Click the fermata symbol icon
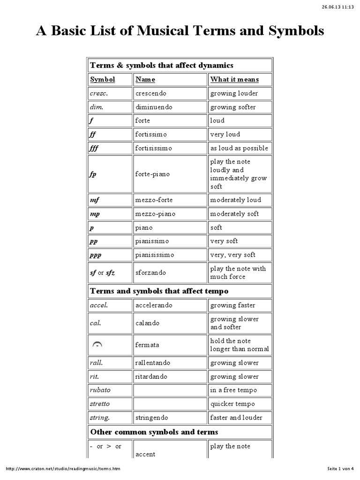pyautogui.click(x=97, y=345)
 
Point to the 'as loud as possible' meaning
pyautogui.click(x=239, y=148)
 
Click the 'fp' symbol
pyautogui.click(x=93, y=174)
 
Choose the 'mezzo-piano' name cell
pyautogui.click(x=155, y=214)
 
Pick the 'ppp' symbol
pyautogui.click(x=96, y=255)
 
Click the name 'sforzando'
pyautogui.click(x=150, y=272)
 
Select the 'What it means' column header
pyautogui.click(x=234, y=79)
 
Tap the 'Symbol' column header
pyautogui.click(x=102, y=79)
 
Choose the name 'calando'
pyautogui.click(x=147, y=323)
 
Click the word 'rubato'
pyautogui.click(x=101, y=390)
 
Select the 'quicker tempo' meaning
pyautogui.click(x=232, y=404)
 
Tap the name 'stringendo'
pyautogui.click(x=152, y=417)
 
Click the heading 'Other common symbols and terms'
pyautogui.click(x=154, y=432)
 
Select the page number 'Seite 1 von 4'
pyautogui.click(x=342, y=469)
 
